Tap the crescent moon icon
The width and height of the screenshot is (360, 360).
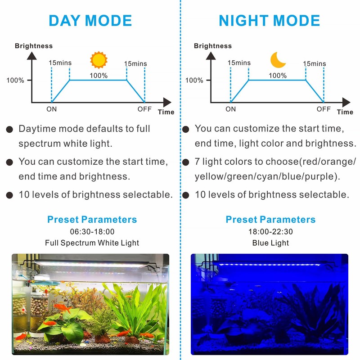[278, 60]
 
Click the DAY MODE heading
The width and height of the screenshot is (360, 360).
[90, 21]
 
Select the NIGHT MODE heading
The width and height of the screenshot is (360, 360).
[269, 21]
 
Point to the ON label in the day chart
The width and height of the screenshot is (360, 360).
[52, 109]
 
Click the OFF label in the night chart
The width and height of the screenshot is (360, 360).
[323, 109]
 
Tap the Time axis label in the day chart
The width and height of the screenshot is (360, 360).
[166, 112]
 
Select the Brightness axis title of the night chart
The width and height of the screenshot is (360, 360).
[213, 46]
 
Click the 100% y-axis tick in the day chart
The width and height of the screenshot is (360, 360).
[15, 81]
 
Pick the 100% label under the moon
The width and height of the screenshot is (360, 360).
[278, 76]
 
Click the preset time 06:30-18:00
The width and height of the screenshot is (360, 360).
[92, 232]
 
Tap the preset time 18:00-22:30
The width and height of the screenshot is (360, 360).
[270, 232]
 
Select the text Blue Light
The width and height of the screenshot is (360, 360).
[270, 243]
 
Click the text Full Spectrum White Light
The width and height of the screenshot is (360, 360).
[92, 243]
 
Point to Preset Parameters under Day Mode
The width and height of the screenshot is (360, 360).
[92, 220]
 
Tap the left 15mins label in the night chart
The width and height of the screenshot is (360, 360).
[239, 63]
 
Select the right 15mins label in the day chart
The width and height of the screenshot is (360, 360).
[135, 64]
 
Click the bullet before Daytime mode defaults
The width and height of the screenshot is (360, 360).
[9, 130]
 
